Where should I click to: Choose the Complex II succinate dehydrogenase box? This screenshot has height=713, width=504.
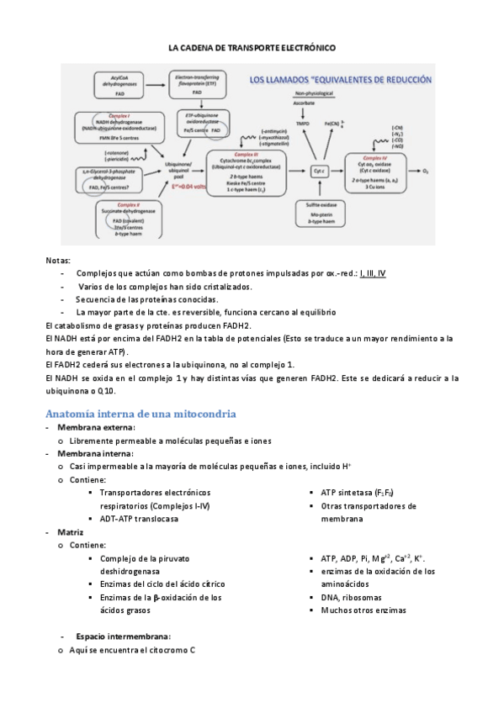point(127,217)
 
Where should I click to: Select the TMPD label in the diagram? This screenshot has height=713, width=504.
point(302,124)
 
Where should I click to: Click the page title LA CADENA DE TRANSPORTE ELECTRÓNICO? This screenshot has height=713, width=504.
point(252,48)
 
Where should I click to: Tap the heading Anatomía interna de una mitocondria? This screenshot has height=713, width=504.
point(140,414)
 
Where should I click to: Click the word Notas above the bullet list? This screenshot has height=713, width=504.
point(58,261)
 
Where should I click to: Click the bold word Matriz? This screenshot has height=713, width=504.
point(70,532)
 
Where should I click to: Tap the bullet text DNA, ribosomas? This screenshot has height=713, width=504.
point(352,597)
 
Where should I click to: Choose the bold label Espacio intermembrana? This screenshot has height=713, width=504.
point(123,636)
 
